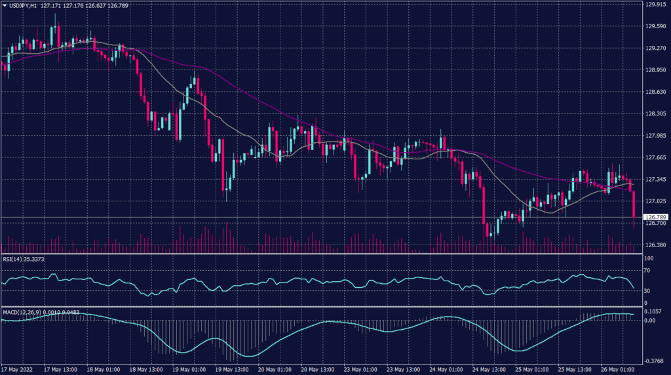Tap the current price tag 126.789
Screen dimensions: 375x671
[x=655, y=217]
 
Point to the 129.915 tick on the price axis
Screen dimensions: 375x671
[x=655, y=5]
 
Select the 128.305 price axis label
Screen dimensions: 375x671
[x=655, y=114]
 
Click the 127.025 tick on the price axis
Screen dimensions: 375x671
[x=655, y=201]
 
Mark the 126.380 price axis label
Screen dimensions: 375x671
[x=655, y=245]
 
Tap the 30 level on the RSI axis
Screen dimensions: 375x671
[x=647, y=290]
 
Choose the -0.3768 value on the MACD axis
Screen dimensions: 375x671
[x=654, y=359]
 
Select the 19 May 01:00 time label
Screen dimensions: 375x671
[x=189, y=369]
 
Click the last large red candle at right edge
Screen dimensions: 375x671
[x=634, y=204]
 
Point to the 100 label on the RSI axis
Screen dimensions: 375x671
[x=649, y=259]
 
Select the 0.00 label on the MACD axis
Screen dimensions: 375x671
[x=650, y=321]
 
